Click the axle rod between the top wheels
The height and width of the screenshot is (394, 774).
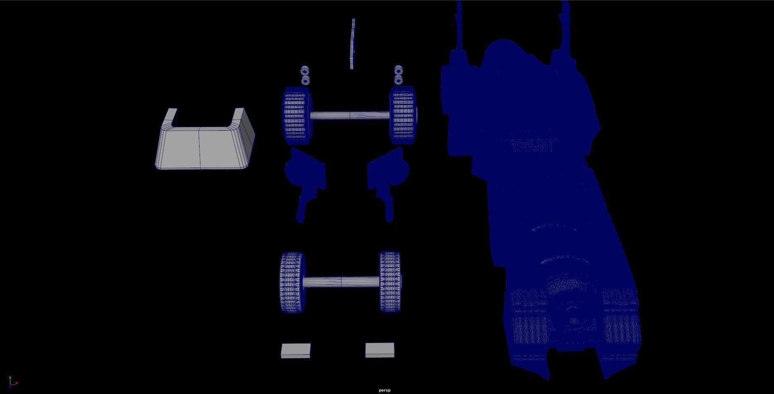(x=350, y=115)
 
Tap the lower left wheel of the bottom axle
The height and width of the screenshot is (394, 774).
(x=292, y=282)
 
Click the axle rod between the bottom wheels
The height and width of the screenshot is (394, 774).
(x=341, y=282)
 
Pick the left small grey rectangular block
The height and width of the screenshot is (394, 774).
(x=296, y=351)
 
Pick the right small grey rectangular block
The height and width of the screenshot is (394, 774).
(x=380, y=350)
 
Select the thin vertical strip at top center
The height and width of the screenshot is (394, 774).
(x=352, y=43)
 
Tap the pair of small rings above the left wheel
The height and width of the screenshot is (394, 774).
(x=305, y=75)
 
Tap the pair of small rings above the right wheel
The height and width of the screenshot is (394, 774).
(x=398, y=75)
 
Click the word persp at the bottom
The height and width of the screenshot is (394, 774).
(x=384, y=390)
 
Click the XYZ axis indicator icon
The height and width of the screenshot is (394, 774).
(x=12, y=382)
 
